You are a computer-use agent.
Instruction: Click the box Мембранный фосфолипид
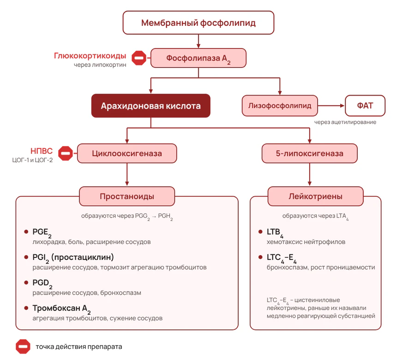click(x=198, y=23)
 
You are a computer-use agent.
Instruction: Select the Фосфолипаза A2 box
click(x=198, y=58)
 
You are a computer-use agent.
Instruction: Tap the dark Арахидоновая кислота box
click(x=150, y=106)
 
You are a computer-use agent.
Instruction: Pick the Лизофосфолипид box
click(x=280, y=106)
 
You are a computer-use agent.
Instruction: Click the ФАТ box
click(x=365, y=106)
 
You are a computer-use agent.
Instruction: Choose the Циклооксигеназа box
click(x=127, y=153)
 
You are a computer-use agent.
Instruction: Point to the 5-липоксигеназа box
click(x=309, y=153)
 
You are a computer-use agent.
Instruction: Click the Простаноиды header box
click(x=127, y=196)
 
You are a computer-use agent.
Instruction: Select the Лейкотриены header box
click(x=315, y=196)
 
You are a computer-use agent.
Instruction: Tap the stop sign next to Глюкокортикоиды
click(x=139, y=58)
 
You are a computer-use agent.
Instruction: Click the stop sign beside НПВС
click(x=66, y=153)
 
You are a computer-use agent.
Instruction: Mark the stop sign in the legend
click(x=23, y=347)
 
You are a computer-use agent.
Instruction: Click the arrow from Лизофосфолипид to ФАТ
click(x=331, y=106)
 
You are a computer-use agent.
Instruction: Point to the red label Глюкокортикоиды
click(x=90, y=56)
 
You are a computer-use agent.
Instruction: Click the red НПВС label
click(x=42, y=151)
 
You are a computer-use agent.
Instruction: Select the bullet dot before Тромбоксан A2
click(x=26, y=308)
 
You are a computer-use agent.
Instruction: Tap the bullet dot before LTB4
click(x=260, y=232)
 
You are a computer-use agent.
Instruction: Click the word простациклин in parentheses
click(x=83, y=257)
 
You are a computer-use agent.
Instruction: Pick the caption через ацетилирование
click(x=345, y=122)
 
